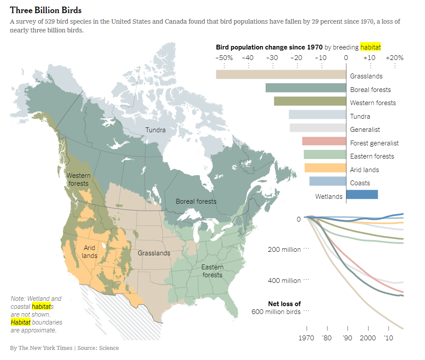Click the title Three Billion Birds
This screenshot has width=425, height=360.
46,10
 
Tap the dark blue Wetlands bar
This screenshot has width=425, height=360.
362,194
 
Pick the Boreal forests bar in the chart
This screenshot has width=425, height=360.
306,88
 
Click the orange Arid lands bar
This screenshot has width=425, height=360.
325,168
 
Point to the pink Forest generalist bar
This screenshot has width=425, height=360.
324,141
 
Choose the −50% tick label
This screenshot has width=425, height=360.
224,58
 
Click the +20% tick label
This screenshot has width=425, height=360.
394,58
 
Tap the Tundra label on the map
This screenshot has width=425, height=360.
155,130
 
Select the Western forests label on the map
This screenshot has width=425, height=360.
79,180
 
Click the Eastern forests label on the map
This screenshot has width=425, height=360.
212,271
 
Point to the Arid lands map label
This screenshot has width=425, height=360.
90,252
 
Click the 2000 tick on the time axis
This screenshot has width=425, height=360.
368,338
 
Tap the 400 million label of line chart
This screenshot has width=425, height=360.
284,281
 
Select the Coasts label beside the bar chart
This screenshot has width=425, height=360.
360,183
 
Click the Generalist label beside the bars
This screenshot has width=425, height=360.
365,130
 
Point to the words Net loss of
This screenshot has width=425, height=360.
284,304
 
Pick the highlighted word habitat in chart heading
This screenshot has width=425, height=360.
370,47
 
